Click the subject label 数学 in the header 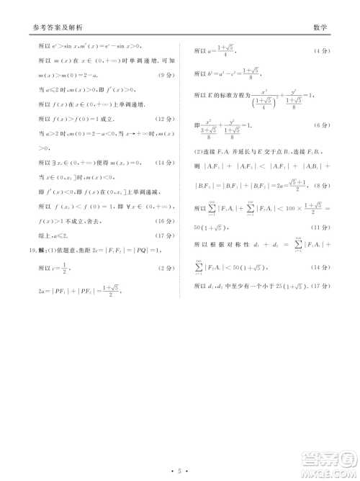click(320, 28)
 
